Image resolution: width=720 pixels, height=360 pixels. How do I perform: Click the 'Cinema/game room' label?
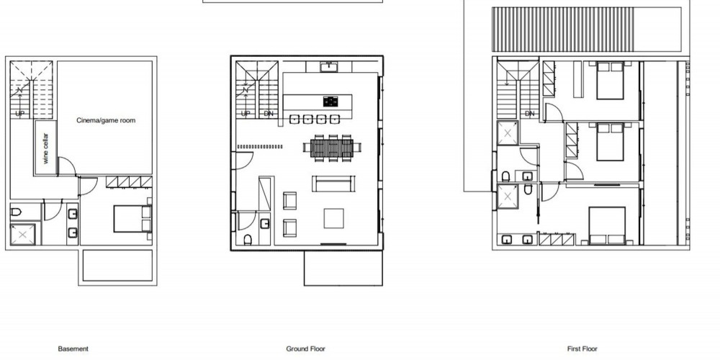tap(106, 120)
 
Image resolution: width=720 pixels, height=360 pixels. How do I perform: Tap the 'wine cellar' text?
tap(45, 148)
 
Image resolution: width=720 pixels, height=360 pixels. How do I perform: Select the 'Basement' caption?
tap(73, 349)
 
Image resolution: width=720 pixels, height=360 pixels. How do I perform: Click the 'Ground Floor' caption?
tap(305, 349)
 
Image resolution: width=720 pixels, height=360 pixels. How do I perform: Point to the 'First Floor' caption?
tap(582, 349)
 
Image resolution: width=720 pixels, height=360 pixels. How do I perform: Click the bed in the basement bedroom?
tap(132, 219)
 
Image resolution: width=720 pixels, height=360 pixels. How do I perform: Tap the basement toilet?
tap(16, 212)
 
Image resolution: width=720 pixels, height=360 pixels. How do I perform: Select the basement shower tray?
tap(22, 234)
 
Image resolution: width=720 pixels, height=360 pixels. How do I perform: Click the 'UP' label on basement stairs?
tap(19, 114)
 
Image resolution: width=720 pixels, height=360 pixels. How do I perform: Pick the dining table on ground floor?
tap(332, 148)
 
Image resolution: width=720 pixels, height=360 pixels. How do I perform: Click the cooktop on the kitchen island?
tap(330, 102)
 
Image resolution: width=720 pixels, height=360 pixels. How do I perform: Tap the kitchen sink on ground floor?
tap(329, 68)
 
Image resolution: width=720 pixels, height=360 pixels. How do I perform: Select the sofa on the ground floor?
tap(334, 184)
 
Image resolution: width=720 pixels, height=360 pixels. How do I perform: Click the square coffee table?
tap(334, 219)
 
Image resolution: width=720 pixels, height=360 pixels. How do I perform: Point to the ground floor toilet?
tap(248, 240)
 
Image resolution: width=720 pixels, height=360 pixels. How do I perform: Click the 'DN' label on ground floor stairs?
tap(269, 114)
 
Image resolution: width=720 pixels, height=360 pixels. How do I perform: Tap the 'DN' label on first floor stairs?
tap(530, 114)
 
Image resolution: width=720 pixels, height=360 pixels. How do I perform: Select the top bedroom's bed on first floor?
tap(611, 81)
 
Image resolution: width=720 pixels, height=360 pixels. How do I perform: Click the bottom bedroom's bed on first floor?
tap(607, 226)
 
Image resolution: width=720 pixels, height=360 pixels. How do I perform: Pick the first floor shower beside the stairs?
tap(508, 133)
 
